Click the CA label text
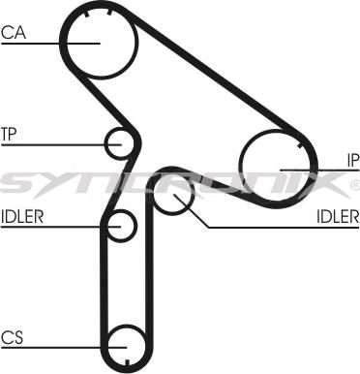(x=13, y=32)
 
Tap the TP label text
(x=10, y=133)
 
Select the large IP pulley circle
(x=276, y=167)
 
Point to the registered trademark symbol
(x=353, y=183)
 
